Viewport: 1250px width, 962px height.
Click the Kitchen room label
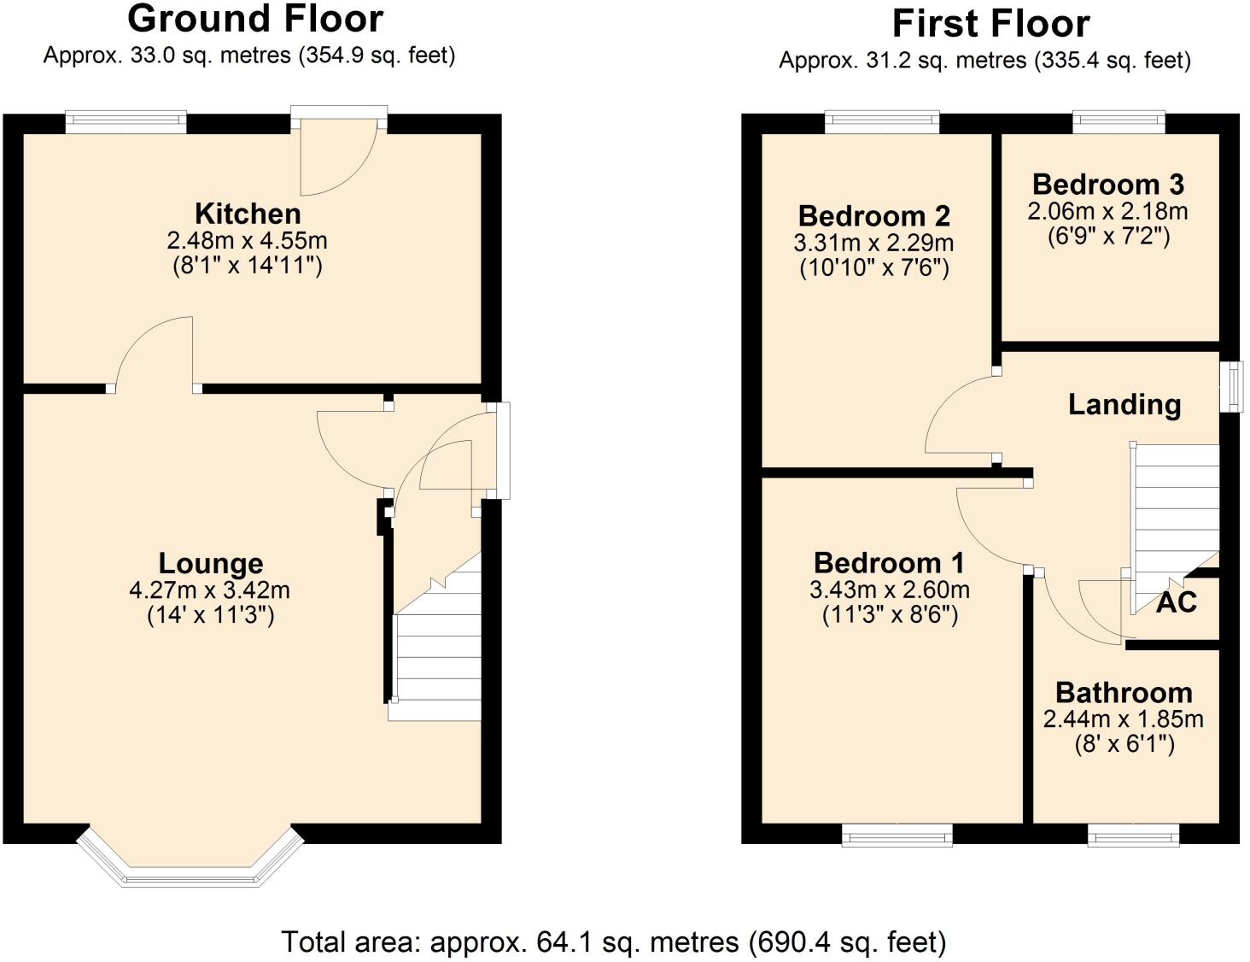248,213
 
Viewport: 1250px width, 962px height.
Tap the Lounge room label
211,563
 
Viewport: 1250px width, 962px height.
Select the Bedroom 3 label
1107,184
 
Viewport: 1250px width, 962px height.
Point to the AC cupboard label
1176,602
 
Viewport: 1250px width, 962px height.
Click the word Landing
1124,404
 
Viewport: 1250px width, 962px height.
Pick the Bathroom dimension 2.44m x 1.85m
1123,719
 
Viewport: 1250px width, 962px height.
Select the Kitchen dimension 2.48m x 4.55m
248,240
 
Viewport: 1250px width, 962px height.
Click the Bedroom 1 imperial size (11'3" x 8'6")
889,615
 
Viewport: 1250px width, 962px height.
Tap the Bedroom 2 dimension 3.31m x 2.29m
873,243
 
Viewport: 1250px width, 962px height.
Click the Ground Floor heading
255,19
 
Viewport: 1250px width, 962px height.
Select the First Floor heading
990,24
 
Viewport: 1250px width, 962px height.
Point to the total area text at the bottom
613,941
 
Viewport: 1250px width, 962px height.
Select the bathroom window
1133,834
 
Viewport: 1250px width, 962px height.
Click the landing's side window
1231,387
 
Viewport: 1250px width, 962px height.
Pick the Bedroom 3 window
1119,122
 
